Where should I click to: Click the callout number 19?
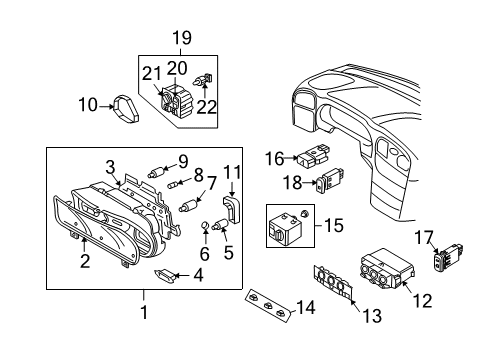(182, 38)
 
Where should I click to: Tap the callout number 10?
(88, 105)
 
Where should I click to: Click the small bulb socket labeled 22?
(203, 80)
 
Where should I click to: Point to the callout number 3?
(111, 167)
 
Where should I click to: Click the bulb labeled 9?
(156, 173)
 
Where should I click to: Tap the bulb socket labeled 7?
(188, 205)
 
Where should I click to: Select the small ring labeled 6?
(205, 226)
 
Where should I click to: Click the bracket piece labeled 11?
(231, 209)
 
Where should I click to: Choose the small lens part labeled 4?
(165, 275)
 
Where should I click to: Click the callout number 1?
(144, 312)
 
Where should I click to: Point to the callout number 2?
(85, 261)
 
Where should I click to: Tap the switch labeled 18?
(330, 180)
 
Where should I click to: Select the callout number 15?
(334, 225)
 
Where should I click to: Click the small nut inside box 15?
(304, 213)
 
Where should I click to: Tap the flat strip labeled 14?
(268, 305)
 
